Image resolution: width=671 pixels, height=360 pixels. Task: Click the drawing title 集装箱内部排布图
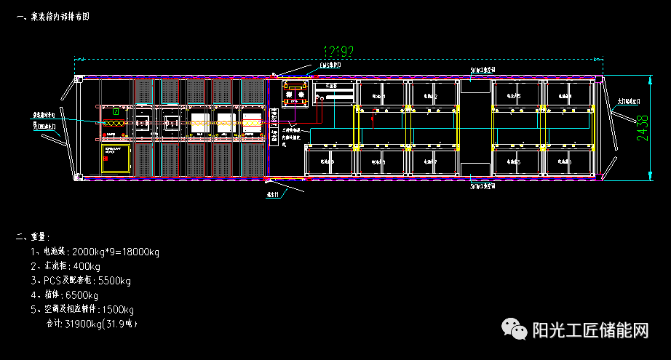(58, 16)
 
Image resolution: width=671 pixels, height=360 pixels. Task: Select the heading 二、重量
(32, 236)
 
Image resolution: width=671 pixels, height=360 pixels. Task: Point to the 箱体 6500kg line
(65, 295)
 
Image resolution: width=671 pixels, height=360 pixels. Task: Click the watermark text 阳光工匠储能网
(589, 331)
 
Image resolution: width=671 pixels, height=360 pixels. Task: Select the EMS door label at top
(330, 65)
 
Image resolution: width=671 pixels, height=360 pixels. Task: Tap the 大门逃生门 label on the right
(628, 103)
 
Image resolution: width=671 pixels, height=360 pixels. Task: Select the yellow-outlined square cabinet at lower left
(115, 158)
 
